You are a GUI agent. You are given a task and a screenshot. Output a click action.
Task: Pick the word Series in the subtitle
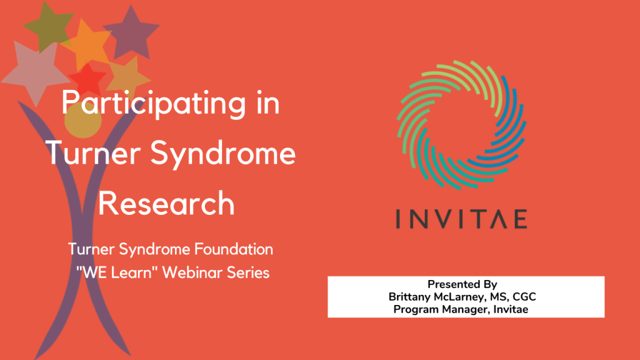tap(249, 273)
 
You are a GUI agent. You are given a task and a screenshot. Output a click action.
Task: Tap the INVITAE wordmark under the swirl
tap(461, 219)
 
